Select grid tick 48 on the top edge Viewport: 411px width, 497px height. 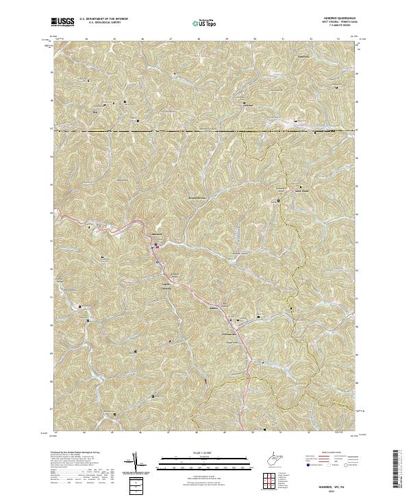(198, 39)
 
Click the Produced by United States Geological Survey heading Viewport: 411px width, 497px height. (76, 452)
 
